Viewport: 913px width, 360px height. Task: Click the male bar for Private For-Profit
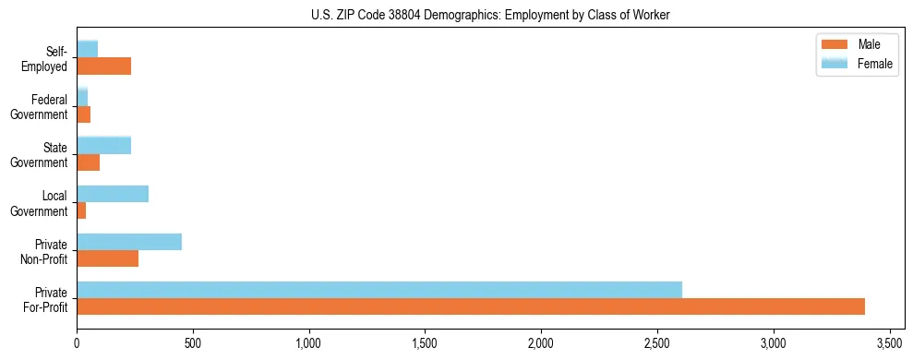point(471,306)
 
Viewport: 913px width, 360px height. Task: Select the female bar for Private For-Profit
point(379,290)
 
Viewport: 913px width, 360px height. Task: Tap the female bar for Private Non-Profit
point(129,242)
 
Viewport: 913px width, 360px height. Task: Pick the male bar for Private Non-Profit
point(107,258)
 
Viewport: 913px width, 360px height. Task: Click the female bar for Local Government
point(113,194)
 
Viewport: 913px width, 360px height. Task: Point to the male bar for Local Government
point(81,210)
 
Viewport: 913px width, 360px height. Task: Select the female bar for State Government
point(103,146)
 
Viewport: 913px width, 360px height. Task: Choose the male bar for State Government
point(88,162)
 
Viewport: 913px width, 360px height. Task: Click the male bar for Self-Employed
point(103,66)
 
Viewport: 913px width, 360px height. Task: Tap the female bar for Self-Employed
point(87,49)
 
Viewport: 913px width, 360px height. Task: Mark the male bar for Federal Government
point(83,114)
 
